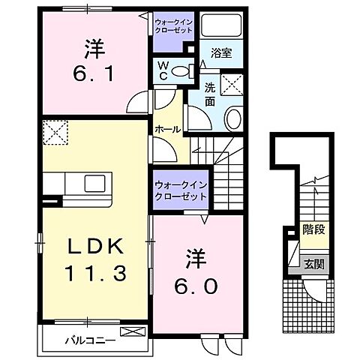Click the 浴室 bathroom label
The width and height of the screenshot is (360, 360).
[220, 55]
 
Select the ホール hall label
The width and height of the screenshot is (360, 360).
[167, 129]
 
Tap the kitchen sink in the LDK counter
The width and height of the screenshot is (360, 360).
[96, 184]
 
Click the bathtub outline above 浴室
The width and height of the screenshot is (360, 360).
[220, 28]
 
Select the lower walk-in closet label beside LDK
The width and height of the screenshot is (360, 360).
[180, 190]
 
